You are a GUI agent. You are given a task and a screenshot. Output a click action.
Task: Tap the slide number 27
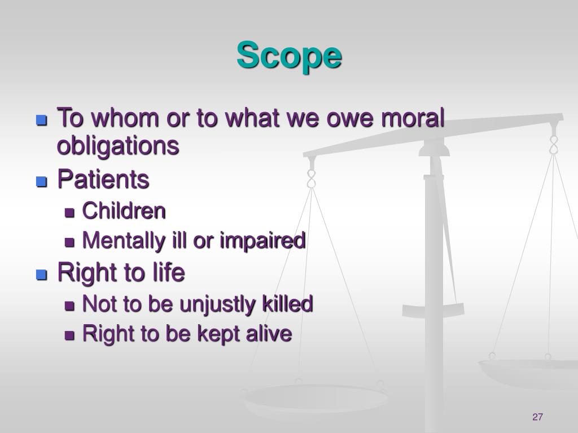coord(537,417)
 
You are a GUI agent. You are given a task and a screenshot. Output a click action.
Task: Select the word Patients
coord(103,180)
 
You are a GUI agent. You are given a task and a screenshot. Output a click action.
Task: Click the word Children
coord(124,211)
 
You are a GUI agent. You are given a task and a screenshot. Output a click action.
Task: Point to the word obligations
coord(118,146)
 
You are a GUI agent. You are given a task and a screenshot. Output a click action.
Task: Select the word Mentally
coord(118,241)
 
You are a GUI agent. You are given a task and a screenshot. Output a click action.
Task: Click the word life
coord(168,273)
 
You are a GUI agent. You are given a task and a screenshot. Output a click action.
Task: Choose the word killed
coord(287,304)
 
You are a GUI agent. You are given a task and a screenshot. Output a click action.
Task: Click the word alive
coord(269,334)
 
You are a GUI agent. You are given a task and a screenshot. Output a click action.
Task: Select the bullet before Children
coord(70,213)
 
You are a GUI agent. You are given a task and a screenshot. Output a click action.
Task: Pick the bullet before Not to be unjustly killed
coord(70,306)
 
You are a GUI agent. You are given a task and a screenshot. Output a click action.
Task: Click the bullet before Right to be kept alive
coord(70,335)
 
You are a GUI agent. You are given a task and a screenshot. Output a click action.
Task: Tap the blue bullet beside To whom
coord(41,120)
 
